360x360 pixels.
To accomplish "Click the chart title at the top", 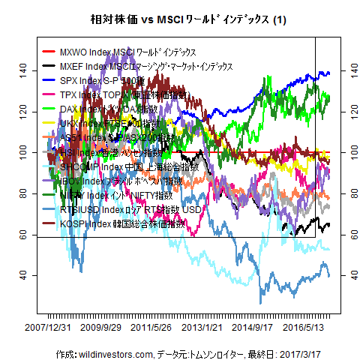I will pos(180,18).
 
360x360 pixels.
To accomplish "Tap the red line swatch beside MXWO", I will pos(49,52).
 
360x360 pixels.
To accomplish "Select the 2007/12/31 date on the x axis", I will pos(48,328).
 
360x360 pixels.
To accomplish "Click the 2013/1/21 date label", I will pos(203,328).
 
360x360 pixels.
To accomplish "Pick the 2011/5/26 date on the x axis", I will pos(151,328).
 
